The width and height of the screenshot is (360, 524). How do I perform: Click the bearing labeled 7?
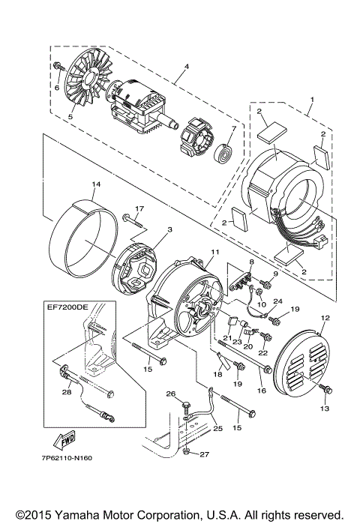click(x=223, y=154)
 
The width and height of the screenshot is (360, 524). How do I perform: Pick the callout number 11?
click(x=214, y=253)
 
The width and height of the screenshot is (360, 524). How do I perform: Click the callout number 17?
click(x=139, y=208)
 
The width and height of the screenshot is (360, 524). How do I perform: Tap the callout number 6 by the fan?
click(x=55, y=87)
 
